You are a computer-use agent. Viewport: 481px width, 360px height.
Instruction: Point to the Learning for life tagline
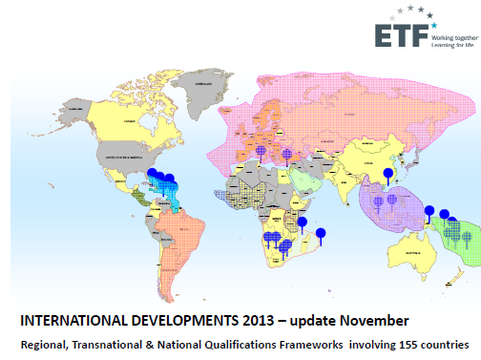453,43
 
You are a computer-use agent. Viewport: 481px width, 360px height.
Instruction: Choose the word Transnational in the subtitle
117,343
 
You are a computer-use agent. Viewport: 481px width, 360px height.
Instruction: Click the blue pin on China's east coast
387,174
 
